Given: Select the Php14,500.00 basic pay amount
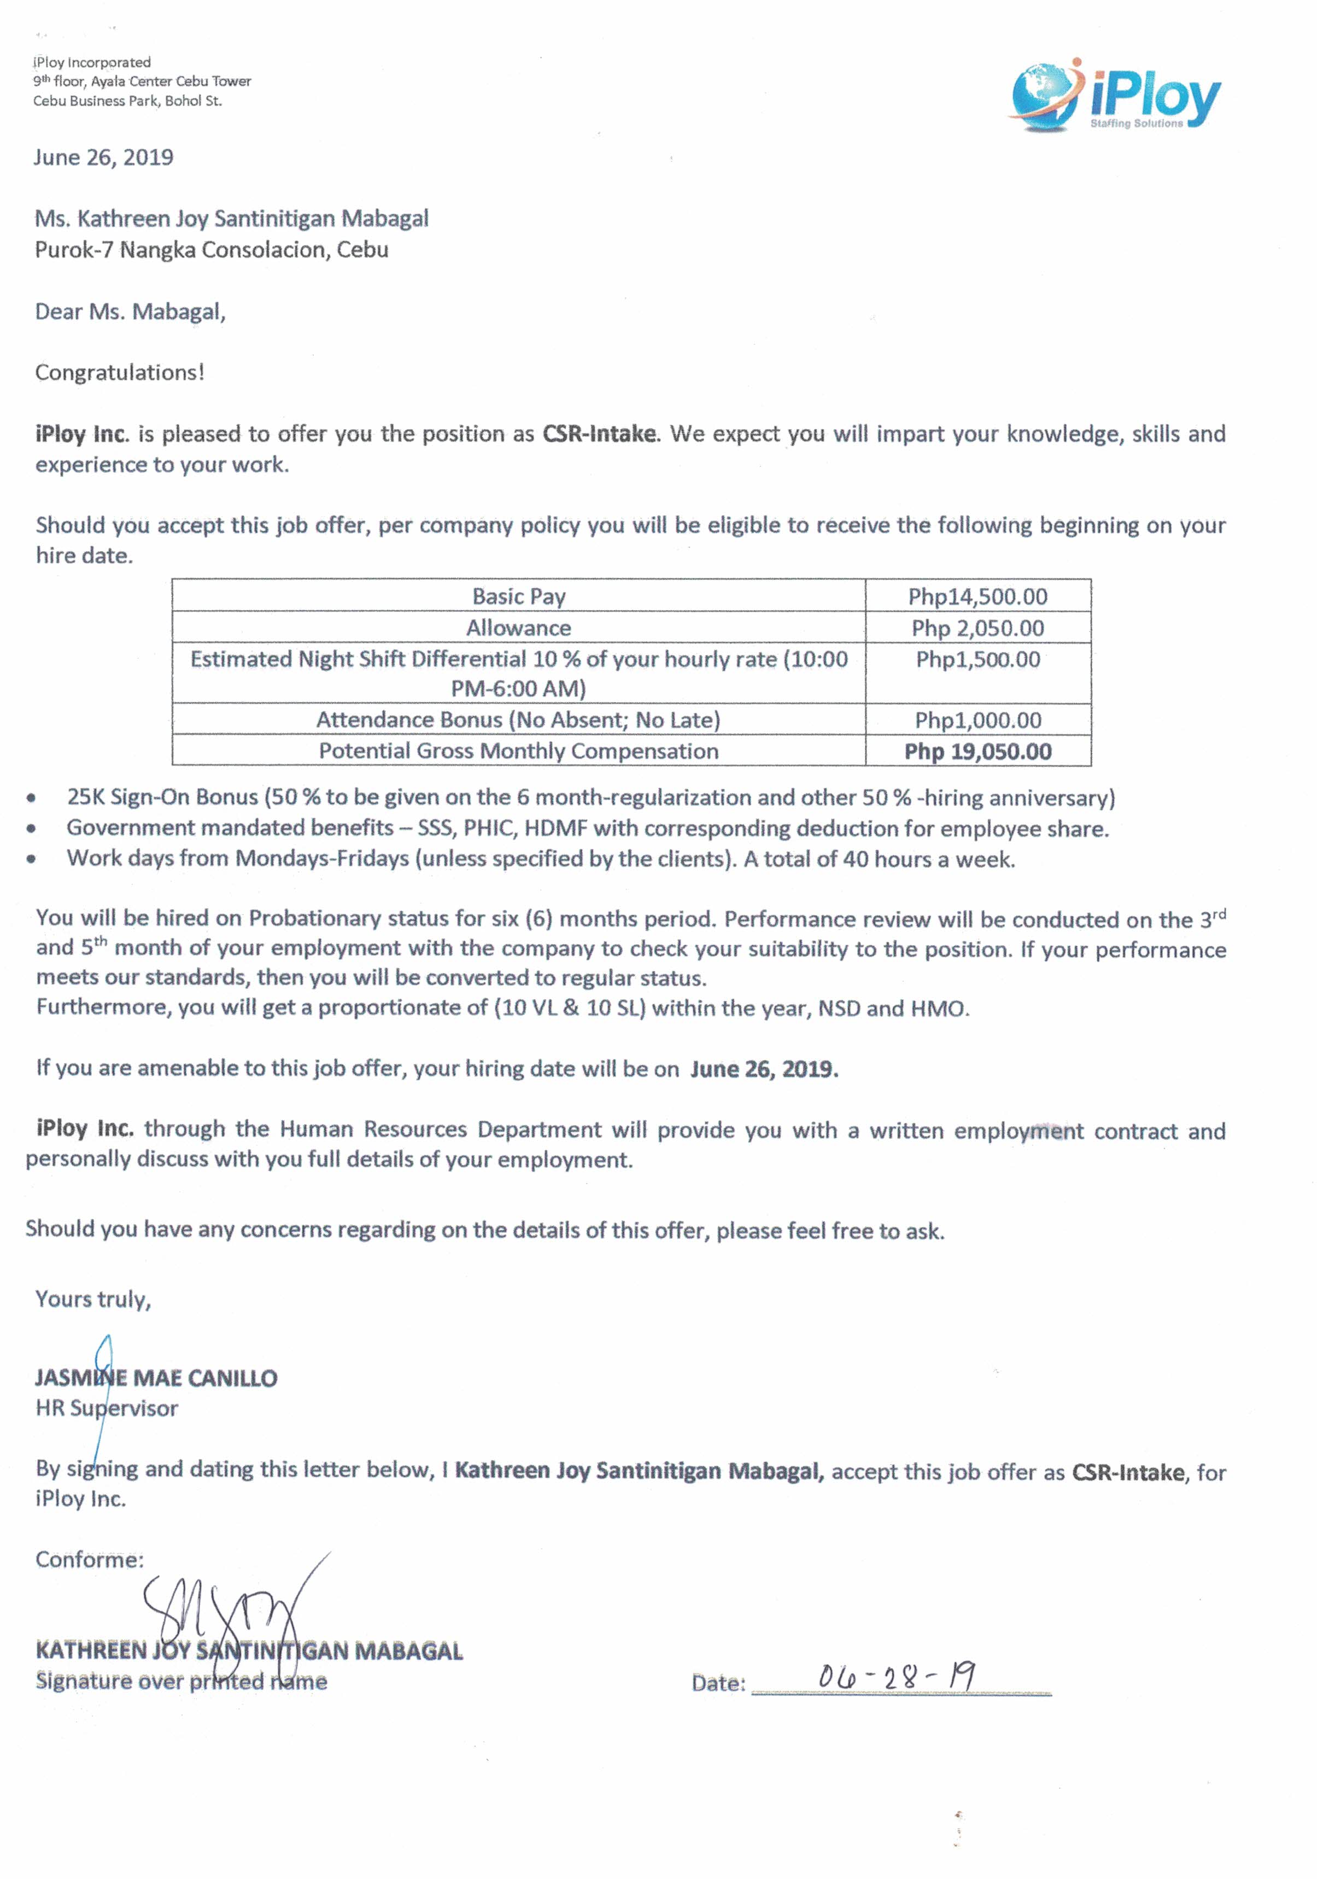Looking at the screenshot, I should click(977, 596).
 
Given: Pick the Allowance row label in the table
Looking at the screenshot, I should click(518, 628).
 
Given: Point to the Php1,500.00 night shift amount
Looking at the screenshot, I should click(977, 660).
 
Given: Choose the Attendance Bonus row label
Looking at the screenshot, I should click(518, 719).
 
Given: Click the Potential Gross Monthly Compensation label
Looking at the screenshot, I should click(518, 751).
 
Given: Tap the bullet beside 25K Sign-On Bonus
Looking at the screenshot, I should click(31, 798).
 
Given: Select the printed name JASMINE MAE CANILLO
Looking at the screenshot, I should click(155, 1378).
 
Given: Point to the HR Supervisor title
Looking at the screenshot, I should click(107, 1408).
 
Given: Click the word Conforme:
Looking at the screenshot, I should click(89, 1560).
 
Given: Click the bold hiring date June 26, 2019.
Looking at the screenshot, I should click(764, 1070).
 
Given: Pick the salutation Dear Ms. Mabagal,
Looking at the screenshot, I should click(130, 312).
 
